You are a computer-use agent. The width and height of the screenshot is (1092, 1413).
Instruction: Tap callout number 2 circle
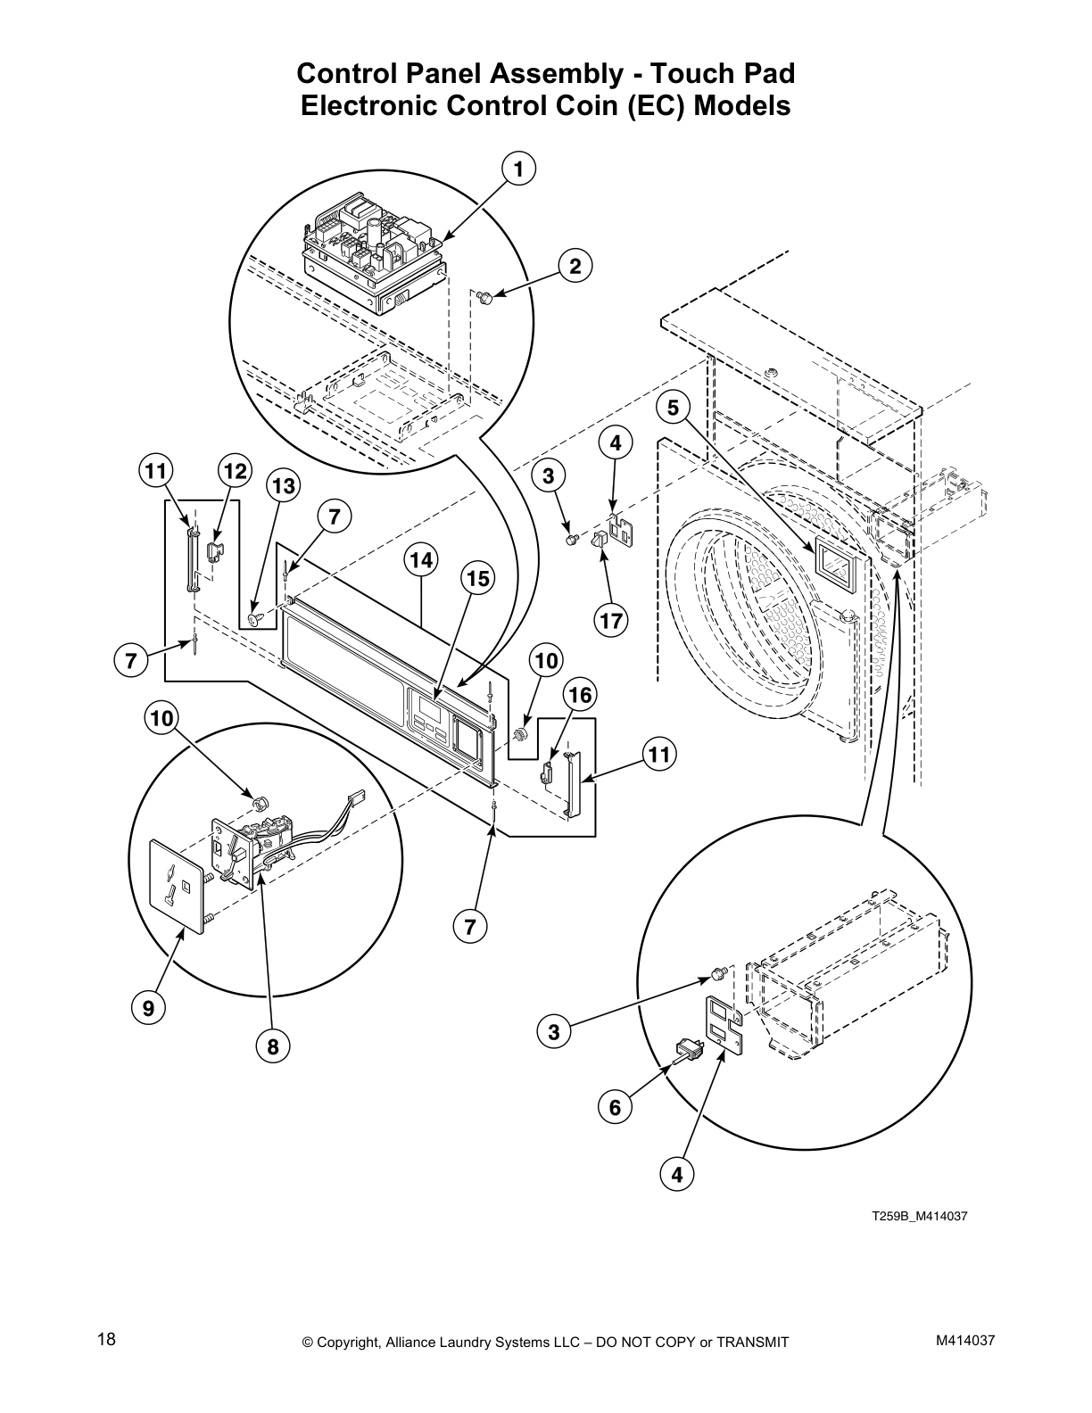575,266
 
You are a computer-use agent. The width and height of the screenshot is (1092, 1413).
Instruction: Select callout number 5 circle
673,409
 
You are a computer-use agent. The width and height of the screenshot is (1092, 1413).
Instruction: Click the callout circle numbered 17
612,620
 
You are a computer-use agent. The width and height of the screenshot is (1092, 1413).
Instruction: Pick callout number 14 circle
422,560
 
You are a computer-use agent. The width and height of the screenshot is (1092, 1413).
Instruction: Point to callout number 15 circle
477,579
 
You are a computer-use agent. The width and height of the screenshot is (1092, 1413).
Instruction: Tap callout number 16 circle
580,695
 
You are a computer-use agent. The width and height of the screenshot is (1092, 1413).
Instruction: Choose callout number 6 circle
615,1108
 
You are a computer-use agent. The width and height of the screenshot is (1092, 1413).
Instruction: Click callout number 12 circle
235,471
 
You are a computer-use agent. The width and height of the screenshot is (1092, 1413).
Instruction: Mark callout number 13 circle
283,486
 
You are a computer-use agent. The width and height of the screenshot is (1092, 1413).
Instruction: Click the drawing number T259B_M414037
919,1216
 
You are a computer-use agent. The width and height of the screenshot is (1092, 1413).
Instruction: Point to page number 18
106,1339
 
